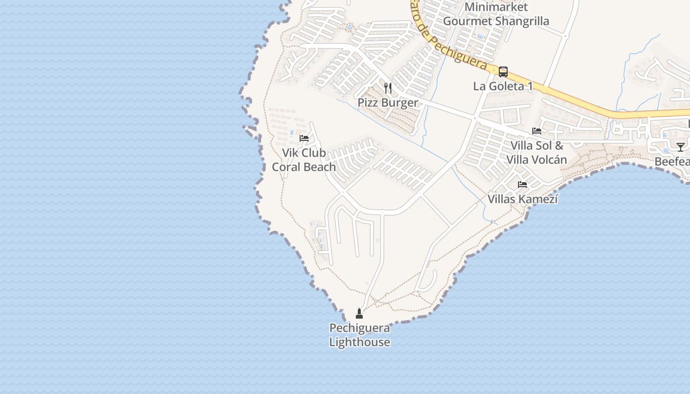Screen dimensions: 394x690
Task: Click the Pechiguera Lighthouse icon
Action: click(x=359, y=313)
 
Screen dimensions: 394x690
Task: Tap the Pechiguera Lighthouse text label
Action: click(x=360, y=335)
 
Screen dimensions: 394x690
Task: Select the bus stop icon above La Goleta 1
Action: click(x=503, y=72)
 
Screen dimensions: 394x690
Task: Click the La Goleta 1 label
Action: click(x=503, y=86)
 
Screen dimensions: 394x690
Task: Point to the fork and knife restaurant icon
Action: click(x=388, y=88)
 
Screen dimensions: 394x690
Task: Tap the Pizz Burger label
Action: click(x=388, y=102)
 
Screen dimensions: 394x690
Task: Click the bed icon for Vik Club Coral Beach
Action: click(x=304, y=138)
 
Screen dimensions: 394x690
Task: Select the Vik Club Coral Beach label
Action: click(x=304, y=160)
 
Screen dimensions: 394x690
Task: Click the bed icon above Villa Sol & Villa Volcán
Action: click(x=537, y=131)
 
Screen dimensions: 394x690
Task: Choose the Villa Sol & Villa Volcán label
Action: click(x=537, y=153)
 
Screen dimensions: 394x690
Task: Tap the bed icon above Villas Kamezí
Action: click(x=522, y=185)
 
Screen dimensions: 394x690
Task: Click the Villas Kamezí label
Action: click(x=522, y=199)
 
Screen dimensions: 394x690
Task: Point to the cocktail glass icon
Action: click(x=680, y=147)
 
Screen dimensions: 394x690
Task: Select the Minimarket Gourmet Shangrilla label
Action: click(x=496, y=14)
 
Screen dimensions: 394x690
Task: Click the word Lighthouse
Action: click(x=360, y=342)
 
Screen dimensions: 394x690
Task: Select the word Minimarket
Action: click(x=496, y=7)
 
